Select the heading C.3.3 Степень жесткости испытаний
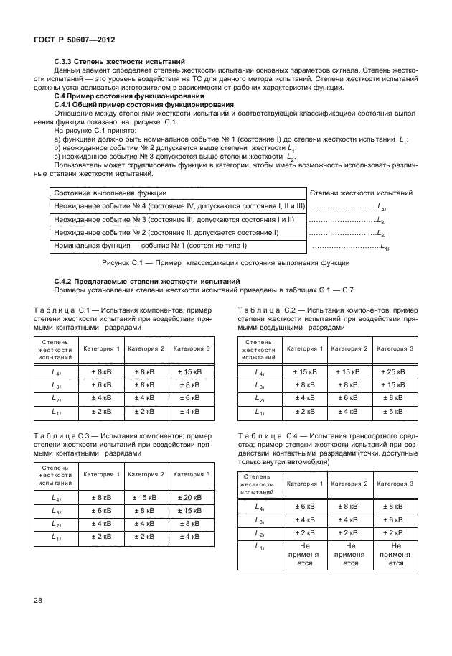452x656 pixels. pyautogui.click(x=120, y=62)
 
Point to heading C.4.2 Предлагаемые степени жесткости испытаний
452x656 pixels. pyautogui.click(x=146, y=280)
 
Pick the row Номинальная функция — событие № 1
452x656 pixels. pyautogui.click(x=150, y=246)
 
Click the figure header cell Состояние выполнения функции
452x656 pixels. pyautogui.click(x=110, y=193)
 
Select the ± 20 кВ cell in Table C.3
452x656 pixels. pyautogui.click(x=191, y=498)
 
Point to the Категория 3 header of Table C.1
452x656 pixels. pyautogui.click(x=191, y=348)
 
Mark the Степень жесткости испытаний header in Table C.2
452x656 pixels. pyautogui.click(x=259, y=349)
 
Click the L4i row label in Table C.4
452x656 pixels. pyautogui.click(x=259, y=507)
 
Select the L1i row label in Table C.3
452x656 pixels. pyautogui.click(x=56, y=537)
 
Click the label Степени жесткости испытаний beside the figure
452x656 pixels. pyautogui.click(x=360, y=193)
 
